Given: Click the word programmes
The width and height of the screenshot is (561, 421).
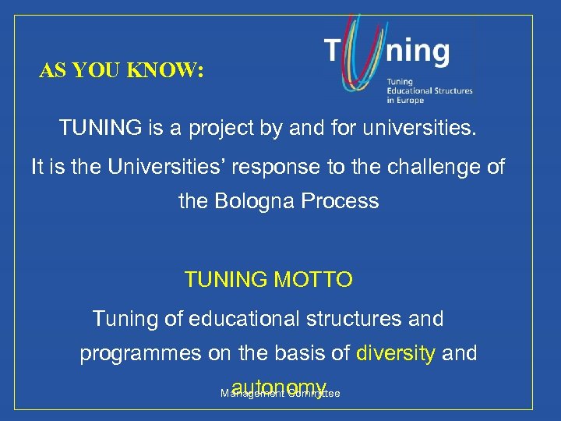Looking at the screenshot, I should coord(139,354).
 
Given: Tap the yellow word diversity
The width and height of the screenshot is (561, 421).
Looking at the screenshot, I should coord(396,354).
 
